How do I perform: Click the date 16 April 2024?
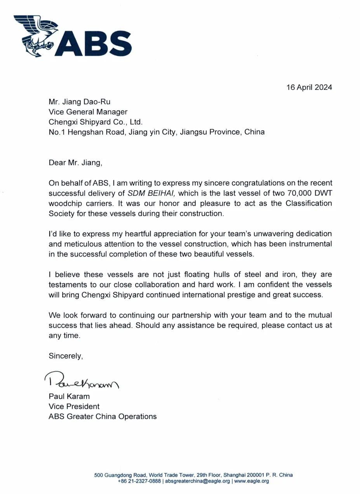pyautogui.click(x=309, y=87)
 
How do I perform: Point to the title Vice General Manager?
pyautogui.click(x=88, y=112)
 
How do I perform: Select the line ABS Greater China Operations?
pyautogui.click(x=103, y=416)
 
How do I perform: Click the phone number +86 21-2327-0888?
pyautogui.click(x=139, y=481)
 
